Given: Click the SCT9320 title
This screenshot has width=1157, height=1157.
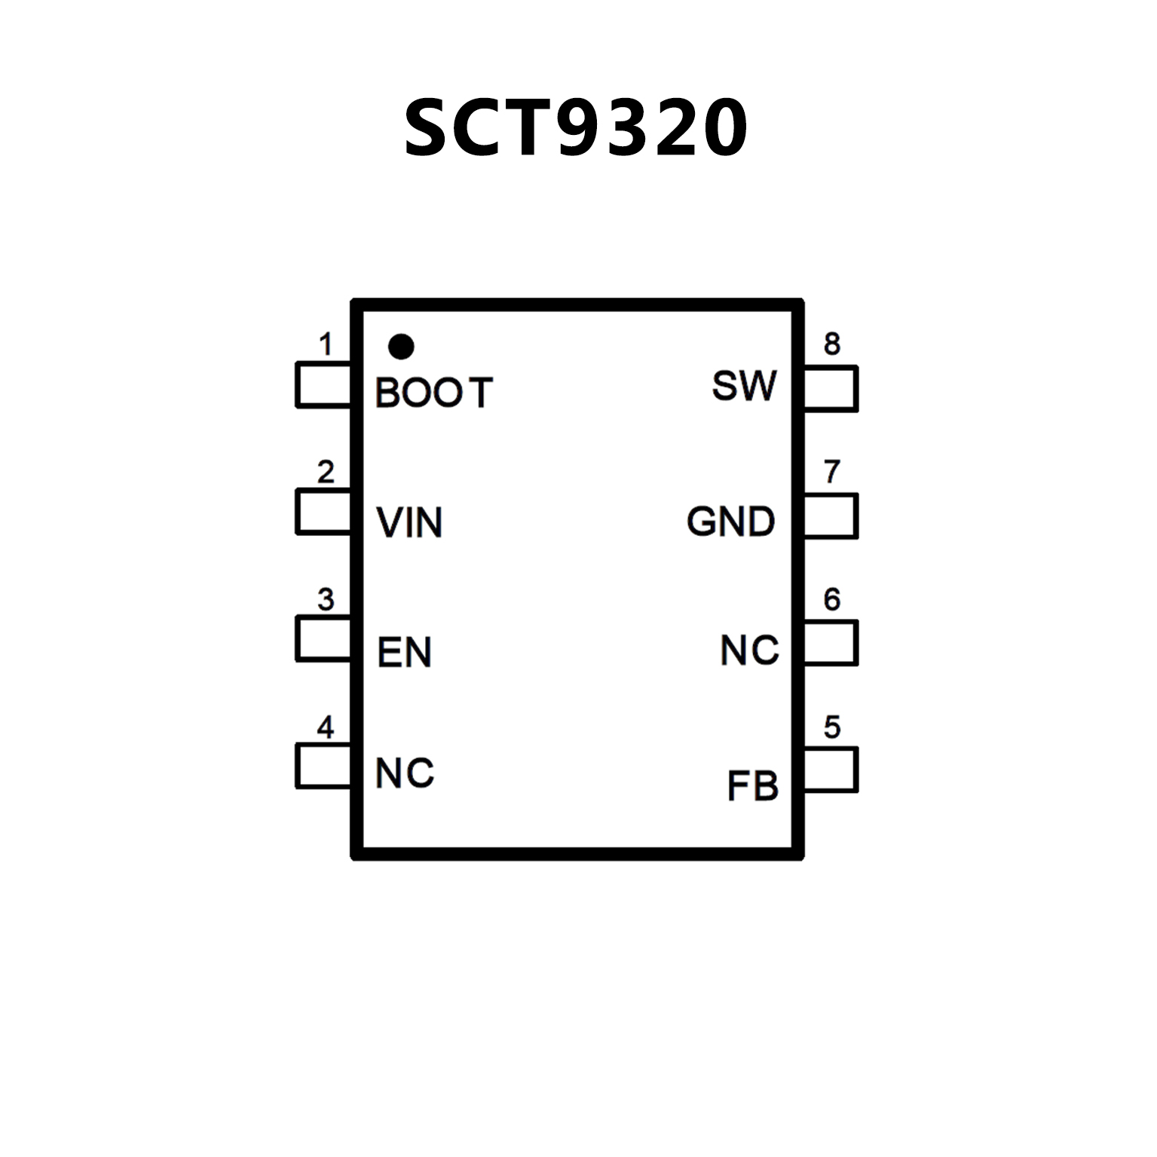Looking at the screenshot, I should (577, 128).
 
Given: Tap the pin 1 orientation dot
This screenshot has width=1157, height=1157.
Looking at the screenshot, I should (400, 347).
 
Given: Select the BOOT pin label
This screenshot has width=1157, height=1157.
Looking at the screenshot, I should (433, 393).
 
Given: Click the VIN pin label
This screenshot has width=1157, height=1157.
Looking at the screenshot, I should (409, 522).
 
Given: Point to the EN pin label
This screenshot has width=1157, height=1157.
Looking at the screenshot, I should (404, 652).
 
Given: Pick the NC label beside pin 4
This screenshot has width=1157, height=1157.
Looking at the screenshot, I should (405, 773).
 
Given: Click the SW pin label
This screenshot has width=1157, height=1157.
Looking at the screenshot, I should (744, 386).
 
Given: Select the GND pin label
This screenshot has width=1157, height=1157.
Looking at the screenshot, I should (730, 522).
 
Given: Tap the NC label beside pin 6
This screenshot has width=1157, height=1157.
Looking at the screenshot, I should (749, 650).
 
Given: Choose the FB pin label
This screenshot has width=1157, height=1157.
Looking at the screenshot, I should (752, 786).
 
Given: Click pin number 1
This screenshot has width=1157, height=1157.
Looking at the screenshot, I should (326, 344).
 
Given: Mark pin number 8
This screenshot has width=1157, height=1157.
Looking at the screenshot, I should (831, 344).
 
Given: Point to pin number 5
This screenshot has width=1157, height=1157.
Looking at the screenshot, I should (831, 727).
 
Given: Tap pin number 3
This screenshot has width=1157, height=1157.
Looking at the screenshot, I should (326, 599).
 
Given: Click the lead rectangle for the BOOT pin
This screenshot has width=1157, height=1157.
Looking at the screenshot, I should (324, 386).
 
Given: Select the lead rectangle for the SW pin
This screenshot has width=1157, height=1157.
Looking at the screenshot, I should (831, 388).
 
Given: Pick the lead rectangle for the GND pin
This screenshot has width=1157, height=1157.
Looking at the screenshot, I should (831, 516).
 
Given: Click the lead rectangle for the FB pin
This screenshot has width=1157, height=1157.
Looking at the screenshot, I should (831, 770).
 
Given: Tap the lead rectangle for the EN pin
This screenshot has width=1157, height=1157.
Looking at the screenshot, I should (324, 639).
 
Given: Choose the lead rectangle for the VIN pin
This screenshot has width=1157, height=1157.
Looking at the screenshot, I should (324, 512).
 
